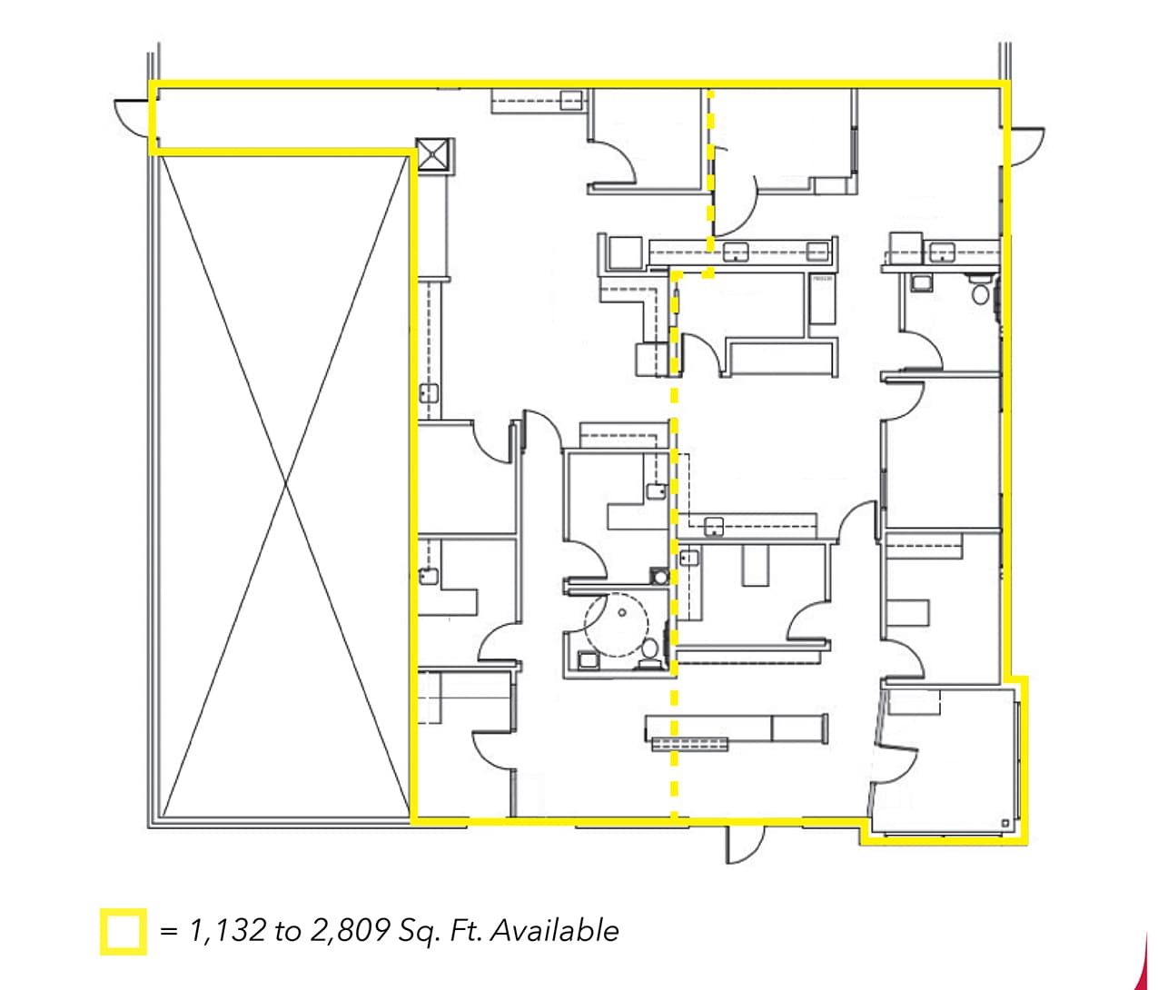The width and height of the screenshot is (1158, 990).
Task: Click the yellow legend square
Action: pos(123,932)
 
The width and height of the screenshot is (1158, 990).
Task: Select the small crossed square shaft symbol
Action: pos(432,154)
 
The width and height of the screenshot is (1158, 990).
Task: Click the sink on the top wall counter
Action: pos(570,100)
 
